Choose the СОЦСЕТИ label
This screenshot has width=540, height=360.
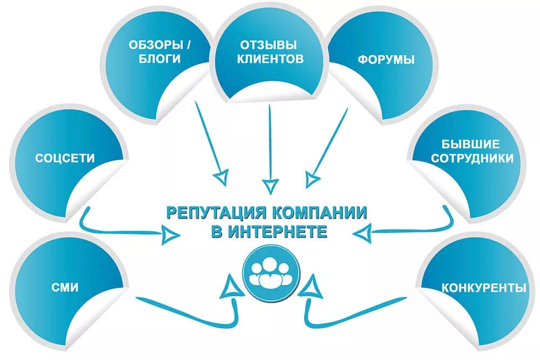coord(65,158)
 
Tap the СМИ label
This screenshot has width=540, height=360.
coord(65,288)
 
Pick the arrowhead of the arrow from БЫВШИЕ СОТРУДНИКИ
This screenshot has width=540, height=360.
coord(364,233)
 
